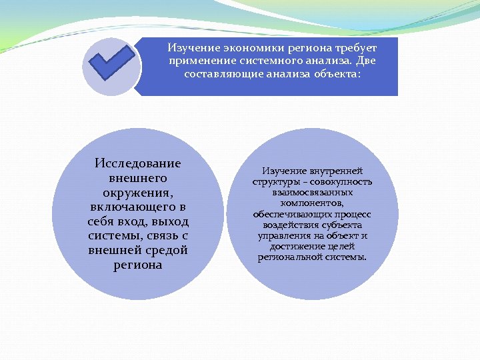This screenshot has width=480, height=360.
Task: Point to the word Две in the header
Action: pos(367,61)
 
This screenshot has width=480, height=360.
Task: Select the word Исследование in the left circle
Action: pos(138,163)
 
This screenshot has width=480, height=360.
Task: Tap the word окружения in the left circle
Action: pos(138,193)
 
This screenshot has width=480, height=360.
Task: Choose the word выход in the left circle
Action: pos(171,221)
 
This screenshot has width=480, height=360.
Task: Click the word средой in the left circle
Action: pos(165,250)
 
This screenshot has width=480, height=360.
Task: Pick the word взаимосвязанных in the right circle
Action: pos(312,193)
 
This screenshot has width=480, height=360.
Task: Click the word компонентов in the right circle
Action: pos(312,203)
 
